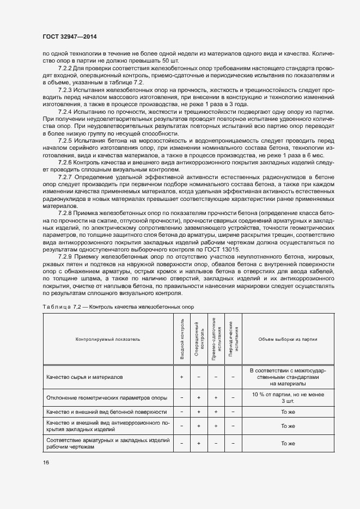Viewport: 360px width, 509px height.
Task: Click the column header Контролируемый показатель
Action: (x=108, y=339)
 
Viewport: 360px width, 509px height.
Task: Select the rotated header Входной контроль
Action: (x=181, y=338)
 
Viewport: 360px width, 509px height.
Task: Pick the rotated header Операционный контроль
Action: (x=199, y=338)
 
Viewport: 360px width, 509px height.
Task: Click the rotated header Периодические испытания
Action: (x=233, y=338)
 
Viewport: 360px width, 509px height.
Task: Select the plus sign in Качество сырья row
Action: (x=181, y=377)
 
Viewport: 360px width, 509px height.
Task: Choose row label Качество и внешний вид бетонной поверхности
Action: (x=107, y=412)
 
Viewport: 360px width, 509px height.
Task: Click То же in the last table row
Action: (x=288, y=444)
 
